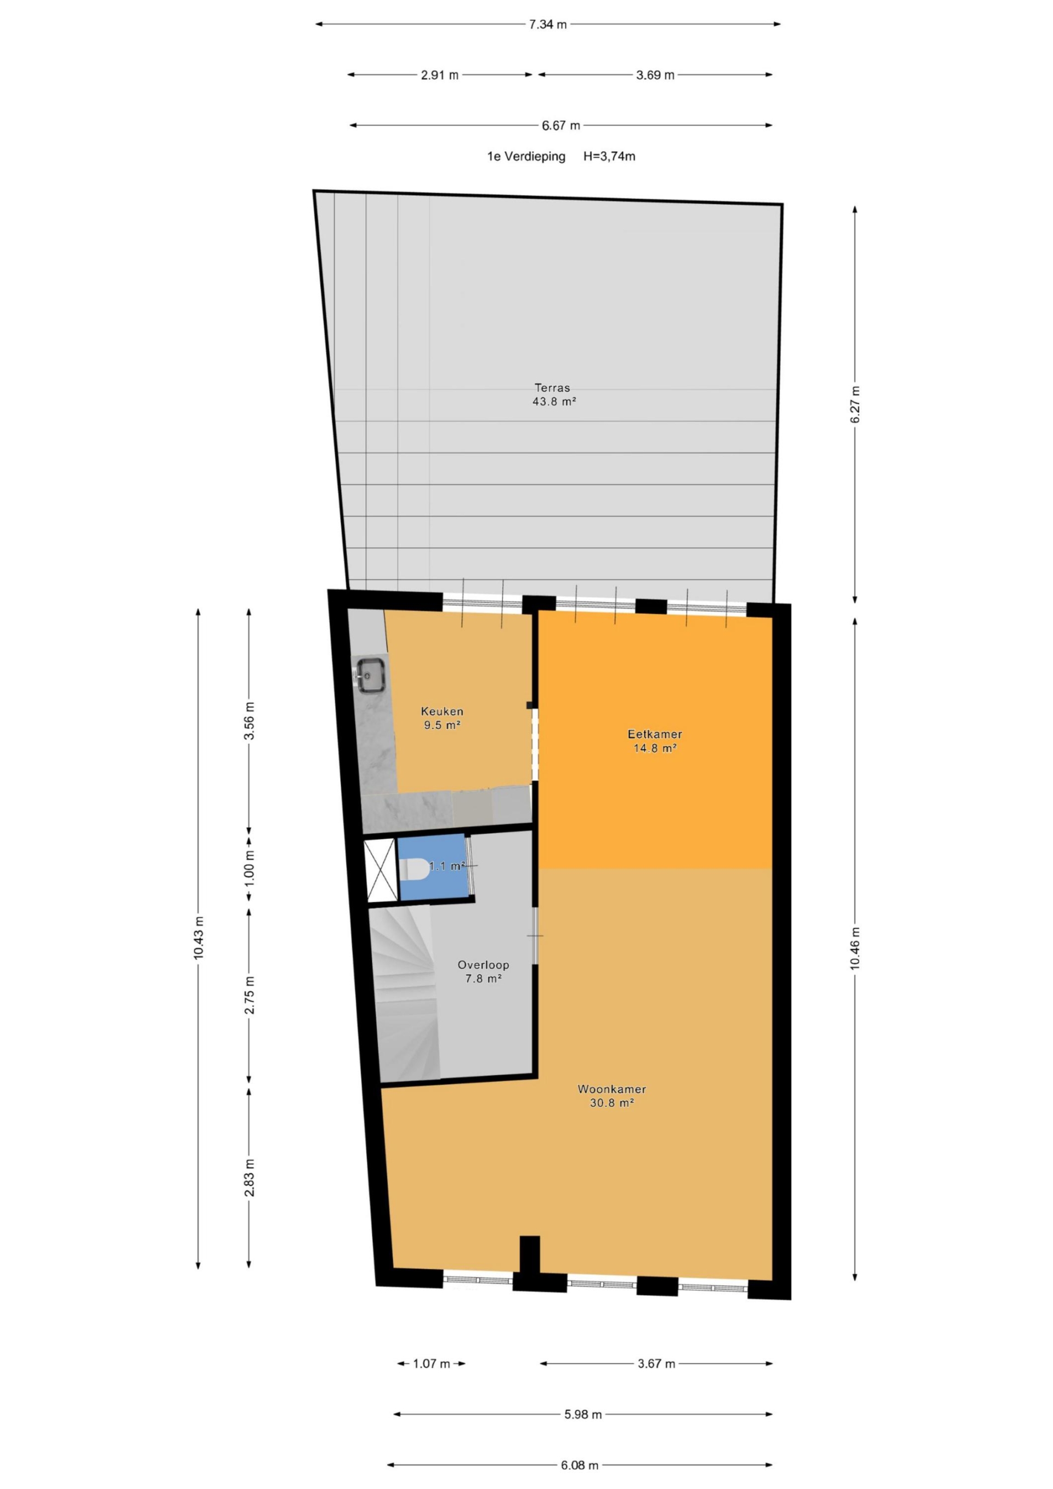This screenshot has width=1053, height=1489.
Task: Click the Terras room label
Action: pos(552,388)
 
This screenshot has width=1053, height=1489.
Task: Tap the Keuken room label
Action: pos(442,712)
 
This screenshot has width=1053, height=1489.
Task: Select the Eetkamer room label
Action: pos(655,734)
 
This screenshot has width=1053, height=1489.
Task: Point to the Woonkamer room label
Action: pos(612,1089)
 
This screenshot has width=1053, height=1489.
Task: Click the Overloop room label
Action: pos(483,965)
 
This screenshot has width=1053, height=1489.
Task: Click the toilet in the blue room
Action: pos(414,869)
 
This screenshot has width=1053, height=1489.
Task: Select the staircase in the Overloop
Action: pos(404,995)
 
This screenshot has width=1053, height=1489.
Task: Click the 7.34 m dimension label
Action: pos(547,25)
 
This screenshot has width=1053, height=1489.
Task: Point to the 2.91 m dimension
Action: pos(440,75)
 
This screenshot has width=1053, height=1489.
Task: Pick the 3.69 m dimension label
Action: pos(655,75)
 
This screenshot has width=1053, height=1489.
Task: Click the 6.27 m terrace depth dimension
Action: pos(854,405)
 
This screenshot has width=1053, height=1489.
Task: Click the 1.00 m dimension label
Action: pos(250,868)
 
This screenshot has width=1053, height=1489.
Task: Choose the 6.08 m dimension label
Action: pos(580,1464)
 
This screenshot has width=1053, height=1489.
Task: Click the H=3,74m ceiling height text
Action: pos(609,156)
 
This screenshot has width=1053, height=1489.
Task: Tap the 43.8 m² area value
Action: pos(554,401)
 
